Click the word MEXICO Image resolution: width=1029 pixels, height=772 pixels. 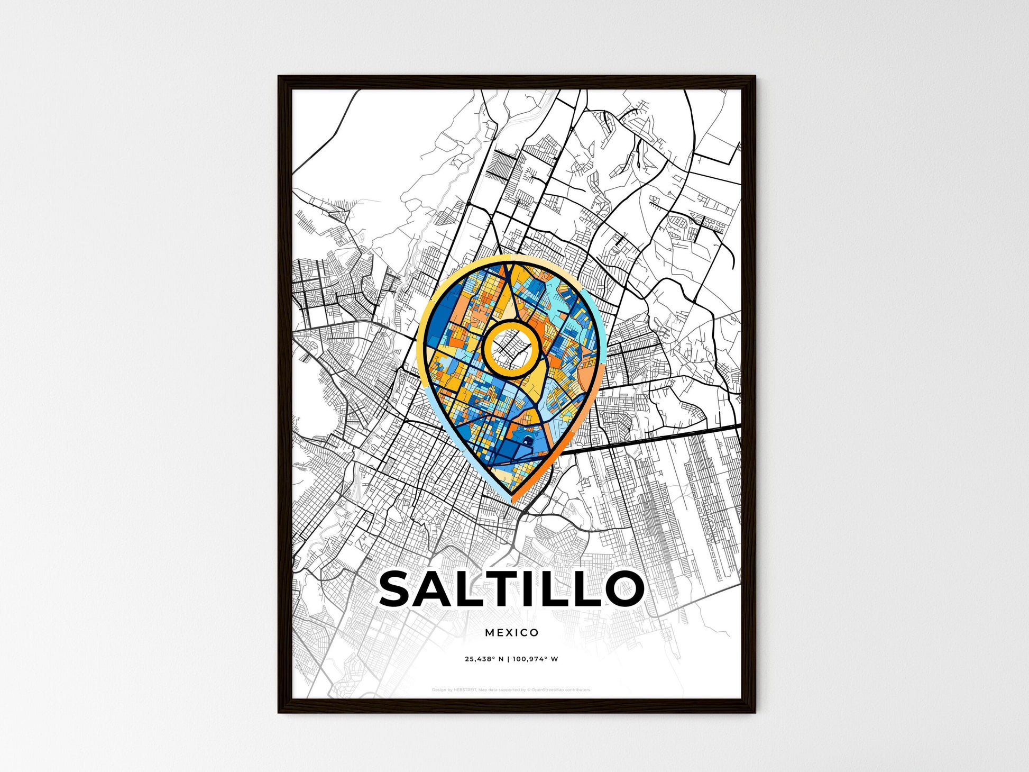[511, 632]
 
